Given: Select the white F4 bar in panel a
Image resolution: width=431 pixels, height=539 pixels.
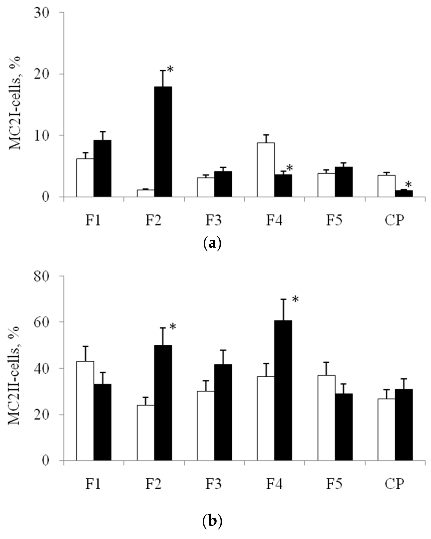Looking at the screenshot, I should click(x=266, y=170).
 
